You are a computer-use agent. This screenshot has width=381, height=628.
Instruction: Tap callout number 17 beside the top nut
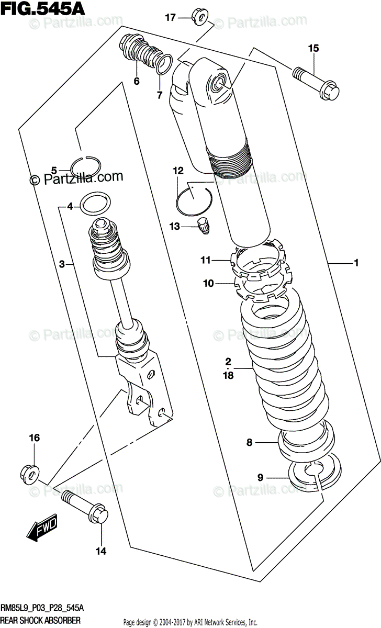click(x=170, y=17)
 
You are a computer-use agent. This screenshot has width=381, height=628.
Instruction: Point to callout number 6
click(x=137, y=81)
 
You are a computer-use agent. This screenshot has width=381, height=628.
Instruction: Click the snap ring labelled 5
click(x=85, y=166)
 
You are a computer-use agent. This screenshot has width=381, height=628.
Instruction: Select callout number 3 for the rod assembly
click(x=62, y=265)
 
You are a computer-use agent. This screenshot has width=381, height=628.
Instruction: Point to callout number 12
click(x=178, y=171)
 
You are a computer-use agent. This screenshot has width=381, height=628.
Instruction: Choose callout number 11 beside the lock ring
click(x=207, y=260)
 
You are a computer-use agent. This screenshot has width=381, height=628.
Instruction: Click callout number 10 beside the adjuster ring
click(x=208, y=284)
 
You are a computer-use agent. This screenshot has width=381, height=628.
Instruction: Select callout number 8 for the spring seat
click(x=250, y=443)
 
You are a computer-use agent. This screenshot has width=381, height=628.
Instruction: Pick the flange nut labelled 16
click(x=30, y=473)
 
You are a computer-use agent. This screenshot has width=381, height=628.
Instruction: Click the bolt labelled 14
click(x=86, y=507)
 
